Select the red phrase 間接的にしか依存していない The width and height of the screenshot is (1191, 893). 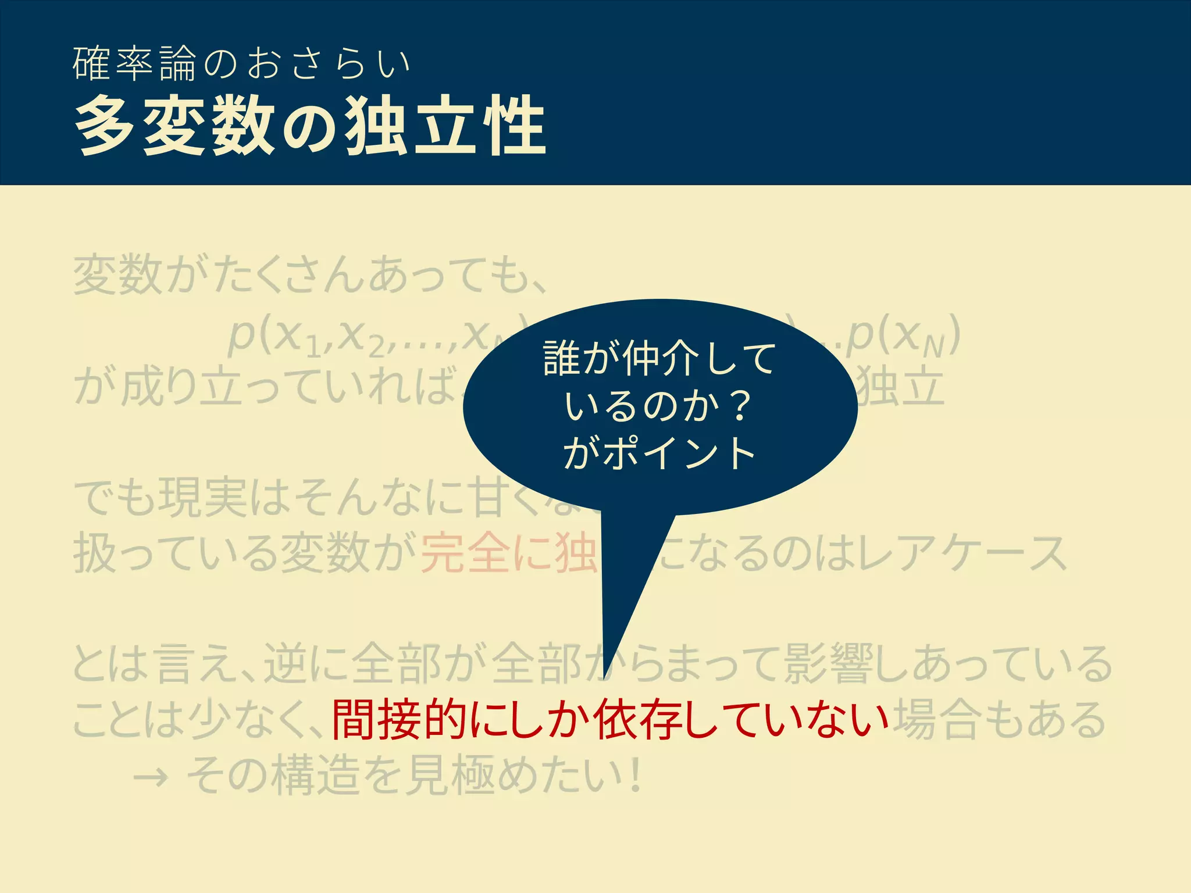tap(610, 720)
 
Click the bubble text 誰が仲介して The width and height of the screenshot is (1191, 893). tap(659, 358)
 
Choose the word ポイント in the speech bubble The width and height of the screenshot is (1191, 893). tap(679, 453)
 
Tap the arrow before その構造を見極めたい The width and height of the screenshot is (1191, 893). tap(151, 777)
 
